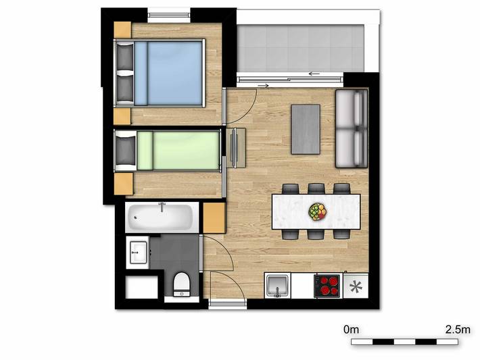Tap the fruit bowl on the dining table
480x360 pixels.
pyautogui.click(x=317, y=212)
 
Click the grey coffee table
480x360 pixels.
pyautogui.click(x=305, y=128)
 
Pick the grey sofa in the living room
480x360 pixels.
pyautogui.click(x=352, y=128)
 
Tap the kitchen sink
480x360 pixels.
pyautogui.click(x=277, y=286)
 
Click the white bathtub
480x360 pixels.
pyautogui.click(x=162, y=217)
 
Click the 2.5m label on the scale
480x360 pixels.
pyautogui.click(x=457, y=330)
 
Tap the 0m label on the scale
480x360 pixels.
pyautogui.click(x=350, y=330)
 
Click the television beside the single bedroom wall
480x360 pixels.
pyautogui.click(x=235, y=147)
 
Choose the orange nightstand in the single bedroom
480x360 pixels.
pyautogui.click(x=122, y=182)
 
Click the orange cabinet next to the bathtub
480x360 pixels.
pyautogui.click(x=213, y=217)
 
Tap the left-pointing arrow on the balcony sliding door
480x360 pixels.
pyautogui.click(x=313, y=73)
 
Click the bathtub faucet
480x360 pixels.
pyautogui.click(x=162, y=206)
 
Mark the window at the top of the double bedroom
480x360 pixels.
pyautogui.click(x=169, y=12)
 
